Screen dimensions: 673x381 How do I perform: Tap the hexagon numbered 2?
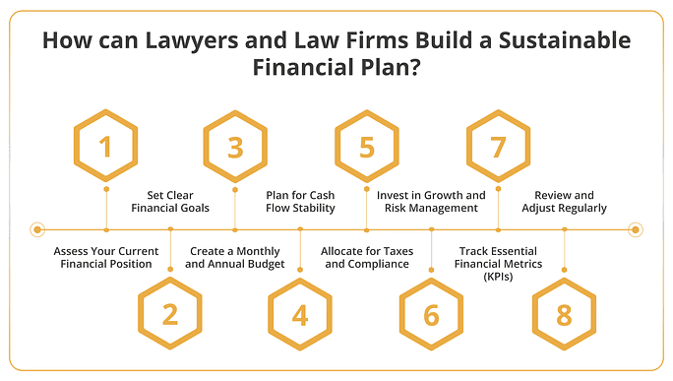click(170, 314)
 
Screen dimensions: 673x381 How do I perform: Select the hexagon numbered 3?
click(235, 147)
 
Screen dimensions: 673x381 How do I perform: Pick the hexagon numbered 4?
click(300, 314)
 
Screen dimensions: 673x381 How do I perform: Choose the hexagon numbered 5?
click(367, 147)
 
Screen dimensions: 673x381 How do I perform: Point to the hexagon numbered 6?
click(432, 314)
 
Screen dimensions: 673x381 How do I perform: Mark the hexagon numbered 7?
click(498, 147)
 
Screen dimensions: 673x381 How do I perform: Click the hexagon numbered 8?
click(564, 314)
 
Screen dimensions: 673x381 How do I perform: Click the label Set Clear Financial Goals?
click(172, 201)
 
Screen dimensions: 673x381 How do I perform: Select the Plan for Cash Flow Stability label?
click(301, 201)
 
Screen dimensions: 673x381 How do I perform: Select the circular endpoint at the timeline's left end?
click(37, 229)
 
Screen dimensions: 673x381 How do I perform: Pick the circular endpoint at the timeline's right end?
click(636, 229)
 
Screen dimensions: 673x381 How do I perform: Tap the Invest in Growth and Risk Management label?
click(432, 201)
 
